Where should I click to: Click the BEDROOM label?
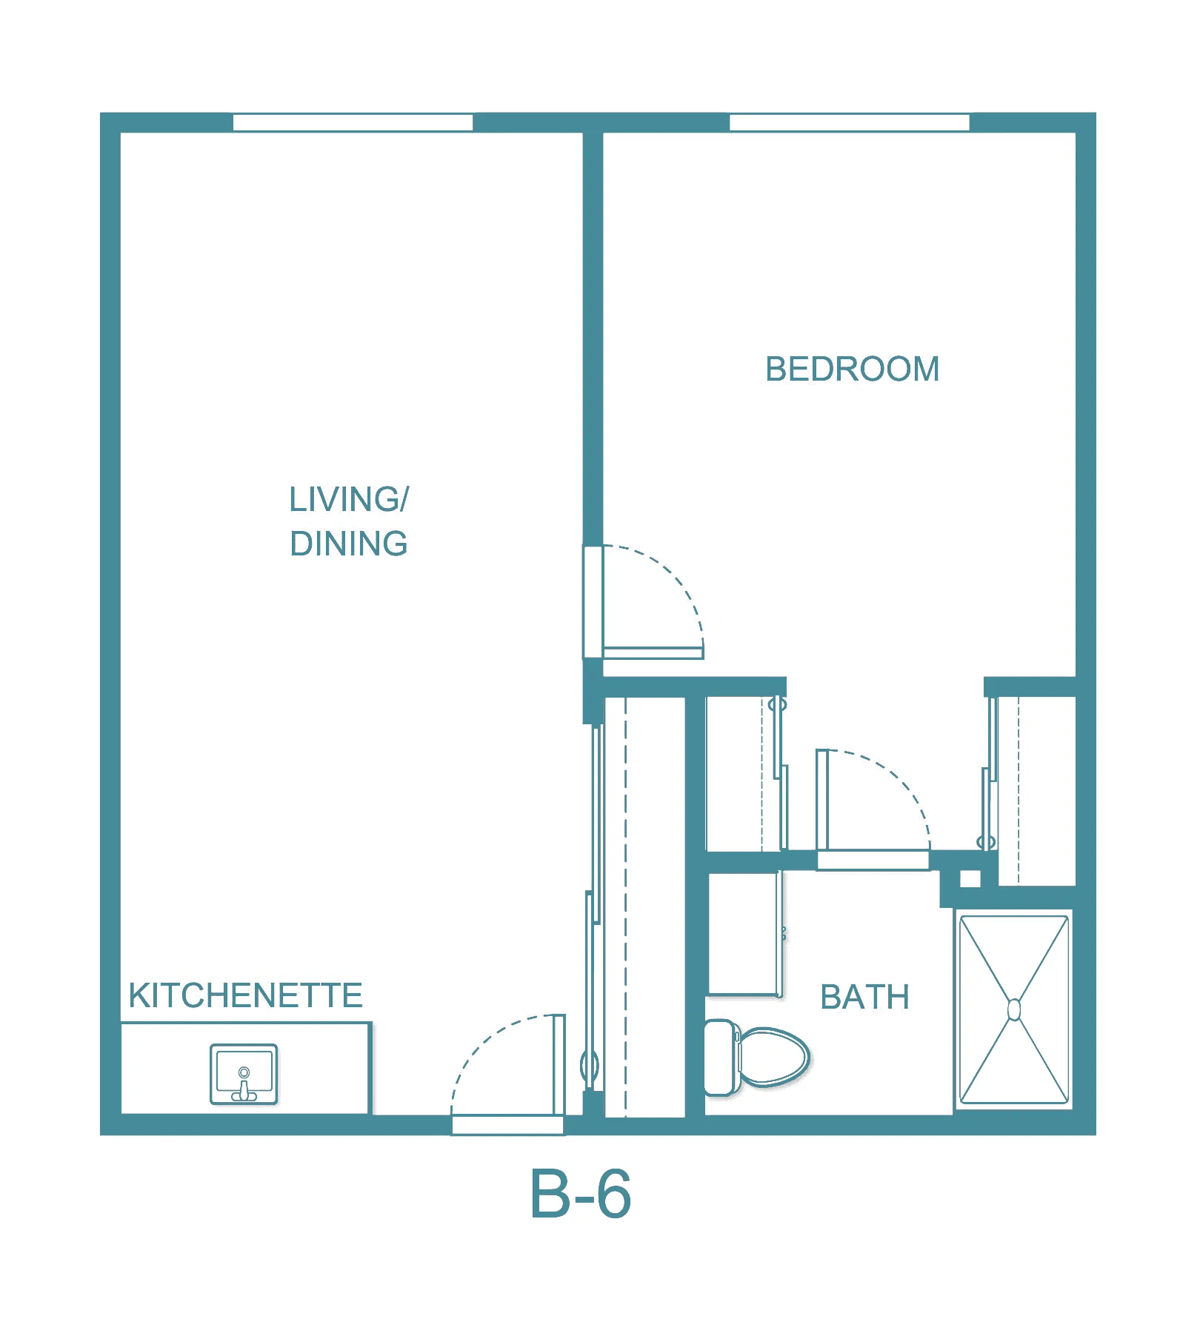pyautogui.click(x=852, y=369)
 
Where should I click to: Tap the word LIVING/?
pyautogui.click(x=348, y=499)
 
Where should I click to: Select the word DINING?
pyautogui.click(x=348, y=544)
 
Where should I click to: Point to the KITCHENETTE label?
pyautogui.click(x=245, y=995)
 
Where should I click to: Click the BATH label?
pyautogui.click(x=864, y=997)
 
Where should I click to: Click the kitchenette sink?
pyautogui.click(x=244, y=1074)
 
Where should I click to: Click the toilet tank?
pyautogui.click(x=720, y=1057)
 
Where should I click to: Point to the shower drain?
pyautogui.click(x=1014, y=1009)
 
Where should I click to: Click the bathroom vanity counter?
pyautogui.click(x=744, y=935)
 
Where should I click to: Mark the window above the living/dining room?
pyautogui.click(x=353, y=122)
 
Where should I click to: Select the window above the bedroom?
pyautogui.click(x=850, y=122)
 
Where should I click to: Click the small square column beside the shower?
pyautogui.click(x=970, y=878)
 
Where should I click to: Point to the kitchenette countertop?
pyautogui.click(x=245, y=1068)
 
